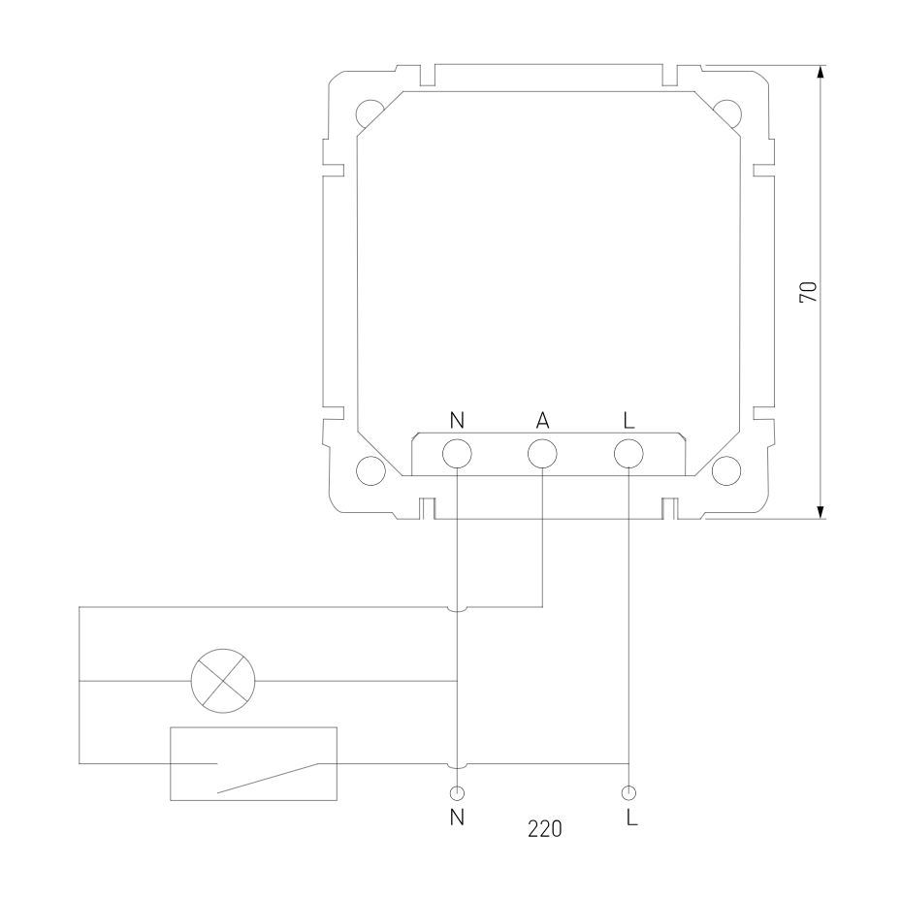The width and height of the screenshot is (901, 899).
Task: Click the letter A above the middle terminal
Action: (x=542, y=421)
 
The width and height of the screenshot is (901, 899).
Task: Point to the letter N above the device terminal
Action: (x=457, y=421)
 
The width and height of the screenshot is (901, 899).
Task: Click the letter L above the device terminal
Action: (x=629, y=421)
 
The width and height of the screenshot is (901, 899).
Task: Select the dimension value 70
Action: (x=808, y=292)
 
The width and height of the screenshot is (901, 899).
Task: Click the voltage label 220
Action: (x=545, y=829)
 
